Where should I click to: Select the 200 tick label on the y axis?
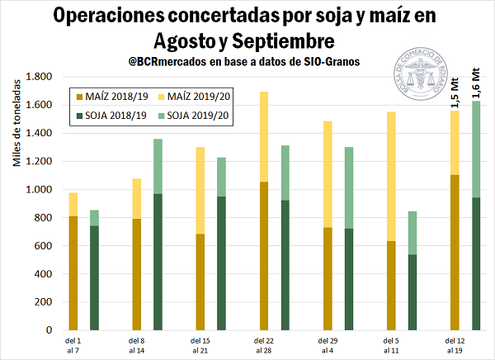pyautogui.click(x=43, y=302)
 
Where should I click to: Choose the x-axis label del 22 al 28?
pyautogui.click(x=263, y=344)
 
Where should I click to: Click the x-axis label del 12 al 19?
pyautogui.click(x=453, y=344)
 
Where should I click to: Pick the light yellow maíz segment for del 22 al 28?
pyautogui.click(x=264, y=136)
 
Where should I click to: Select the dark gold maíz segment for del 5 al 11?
pyautogui.click(x=390, y=285)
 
